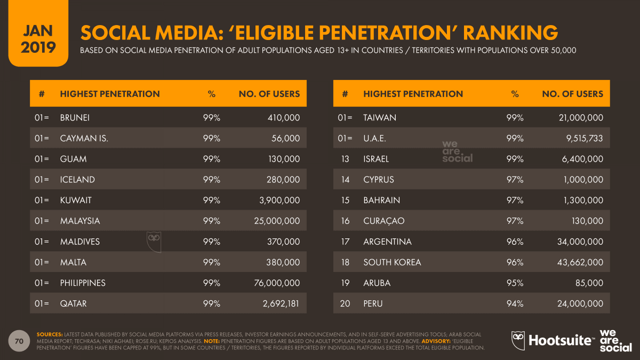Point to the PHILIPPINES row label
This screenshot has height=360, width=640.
pyautogui.click(x=83, y=283)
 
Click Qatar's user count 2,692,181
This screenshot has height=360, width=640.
pyautogui.click(x=277, y=303)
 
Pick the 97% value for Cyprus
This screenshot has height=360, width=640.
pyautogui.click(x=514, y=179)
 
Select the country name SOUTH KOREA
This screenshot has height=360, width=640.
pyautogui.click(x=392, y=262)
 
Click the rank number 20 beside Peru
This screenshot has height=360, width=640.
pyautogui.click(x=345, y=303)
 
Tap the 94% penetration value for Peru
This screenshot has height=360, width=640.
pyautogui.click(x=514, y=303)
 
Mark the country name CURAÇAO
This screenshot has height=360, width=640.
pyautogui.click(x=384, y=221)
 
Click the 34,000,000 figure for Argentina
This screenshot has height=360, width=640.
pyautogui.click(x=577, y=242)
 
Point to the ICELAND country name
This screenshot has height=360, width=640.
pyautogui.click(x=77, y=179)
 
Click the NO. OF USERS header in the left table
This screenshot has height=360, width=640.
pyautogui.click(x=269, y=94)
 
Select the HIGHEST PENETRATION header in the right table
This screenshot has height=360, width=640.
pyautogui.click(x=413, y=94)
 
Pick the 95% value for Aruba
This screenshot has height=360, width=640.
pyautogui.click(x=514, y=283)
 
